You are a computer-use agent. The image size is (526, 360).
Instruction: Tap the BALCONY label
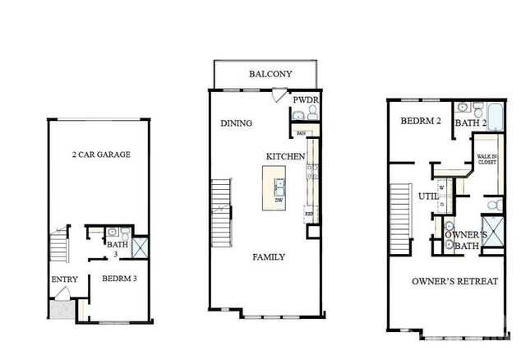pos(270,74)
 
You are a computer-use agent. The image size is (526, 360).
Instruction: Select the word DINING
pos(236,123)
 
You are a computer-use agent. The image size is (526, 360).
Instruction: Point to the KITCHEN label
pos(285,156)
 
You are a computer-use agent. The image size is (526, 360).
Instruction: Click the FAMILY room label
pos(269,257)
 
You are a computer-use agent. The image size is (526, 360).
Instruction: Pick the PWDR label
pos(305,100)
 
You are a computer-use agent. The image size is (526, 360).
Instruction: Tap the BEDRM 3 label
pos(119,279)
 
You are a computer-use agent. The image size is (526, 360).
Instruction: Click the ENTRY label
pos(64,279)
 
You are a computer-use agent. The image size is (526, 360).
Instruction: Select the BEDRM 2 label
pos(422,121)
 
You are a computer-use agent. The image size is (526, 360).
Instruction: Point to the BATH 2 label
pos(472,123)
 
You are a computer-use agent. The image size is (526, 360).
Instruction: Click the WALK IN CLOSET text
pos(487,159)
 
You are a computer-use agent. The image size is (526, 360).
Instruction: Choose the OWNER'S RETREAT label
pos(454,282)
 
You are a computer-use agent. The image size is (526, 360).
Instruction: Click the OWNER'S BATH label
pos(467,240)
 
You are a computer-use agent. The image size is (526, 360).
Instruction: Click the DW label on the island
pos(280,200)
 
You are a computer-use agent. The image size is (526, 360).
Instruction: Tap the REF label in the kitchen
pos(309,214)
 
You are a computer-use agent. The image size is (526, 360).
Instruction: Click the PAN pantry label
pos(302,133)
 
